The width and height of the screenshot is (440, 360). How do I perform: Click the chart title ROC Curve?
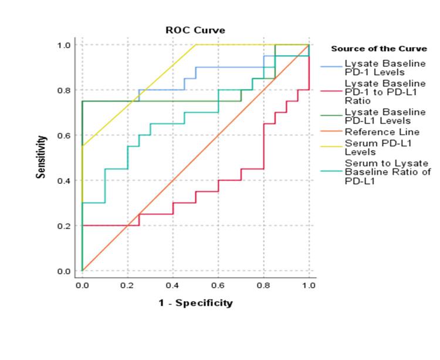tap(195, 30)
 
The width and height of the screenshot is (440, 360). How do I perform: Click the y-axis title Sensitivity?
tap(43, 157)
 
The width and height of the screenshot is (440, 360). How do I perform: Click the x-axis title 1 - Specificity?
tap(195, 303)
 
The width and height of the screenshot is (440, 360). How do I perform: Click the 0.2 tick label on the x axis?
tap(127, 285)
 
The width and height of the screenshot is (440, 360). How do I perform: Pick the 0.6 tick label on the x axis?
tap(218, 285)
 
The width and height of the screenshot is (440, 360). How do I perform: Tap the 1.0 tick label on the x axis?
tap(309, 285)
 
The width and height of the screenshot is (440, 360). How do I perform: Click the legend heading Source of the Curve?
tap(378, 49)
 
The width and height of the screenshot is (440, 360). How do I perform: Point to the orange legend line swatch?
tap(331, 132)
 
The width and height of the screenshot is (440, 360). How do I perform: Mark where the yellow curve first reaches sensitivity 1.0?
tap(195, 45)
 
